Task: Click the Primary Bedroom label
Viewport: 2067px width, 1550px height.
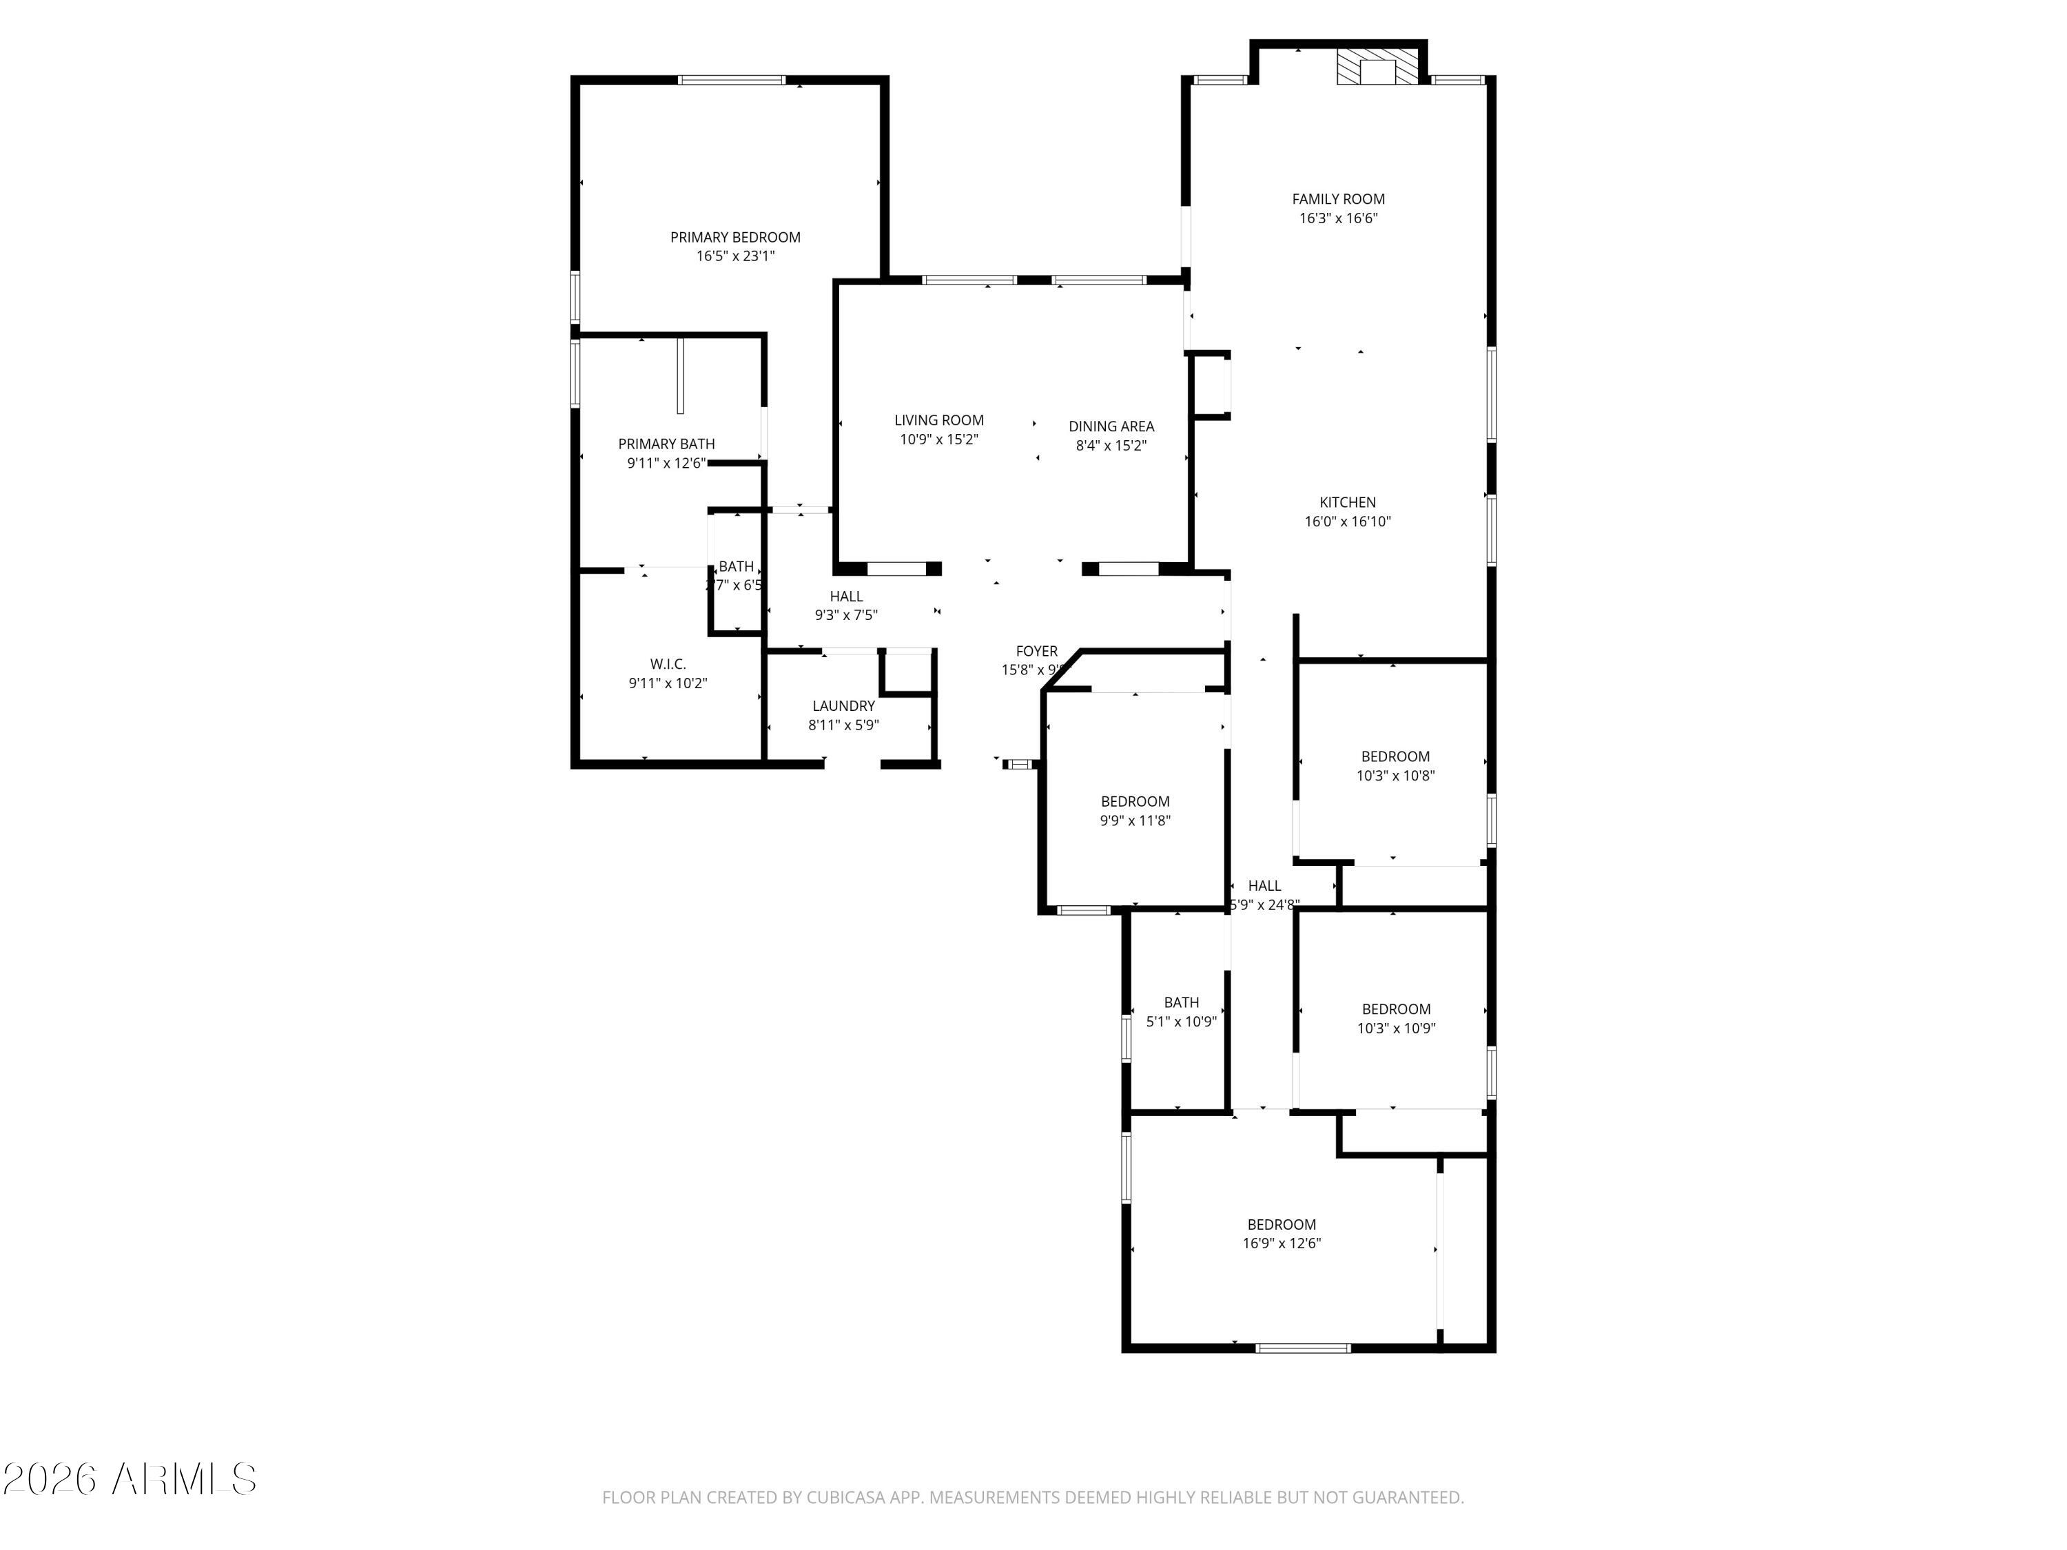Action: tap(734, 237)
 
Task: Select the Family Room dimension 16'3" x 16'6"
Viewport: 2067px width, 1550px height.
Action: tap(1338, 218)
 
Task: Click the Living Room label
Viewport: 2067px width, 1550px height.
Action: tap(938, 420)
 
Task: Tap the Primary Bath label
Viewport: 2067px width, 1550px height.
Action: tap(666, 444)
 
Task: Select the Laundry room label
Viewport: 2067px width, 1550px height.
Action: tap(843, 706)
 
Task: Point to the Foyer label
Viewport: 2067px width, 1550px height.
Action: tap(1036, 651)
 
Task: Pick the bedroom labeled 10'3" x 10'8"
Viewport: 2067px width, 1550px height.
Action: tap(1395, 766)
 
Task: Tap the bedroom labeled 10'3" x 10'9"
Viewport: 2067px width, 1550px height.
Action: tap(1396, 1018)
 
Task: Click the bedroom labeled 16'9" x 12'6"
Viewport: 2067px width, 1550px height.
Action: tap(1281, 1233)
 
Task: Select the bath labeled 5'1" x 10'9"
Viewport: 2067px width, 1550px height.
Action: tap(1181, 1012)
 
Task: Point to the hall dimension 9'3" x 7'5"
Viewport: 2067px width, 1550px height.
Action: tap(845, 614)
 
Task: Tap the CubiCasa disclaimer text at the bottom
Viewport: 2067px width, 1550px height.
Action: tap(1033, 1497)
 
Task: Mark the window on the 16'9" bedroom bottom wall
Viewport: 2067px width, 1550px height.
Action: tap(1303, 1347)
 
